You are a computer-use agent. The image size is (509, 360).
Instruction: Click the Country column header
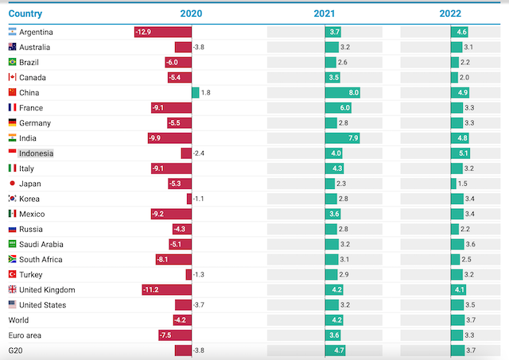pyautogui.click(x=25, y=14)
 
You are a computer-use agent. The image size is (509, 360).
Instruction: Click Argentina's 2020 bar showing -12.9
pyautogui.click(x=163, y=32)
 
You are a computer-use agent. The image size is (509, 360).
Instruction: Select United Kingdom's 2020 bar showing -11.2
pyautogui.click(x=167, y=290)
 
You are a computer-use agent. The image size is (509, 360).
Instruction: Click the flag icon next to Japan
pyautogui.click(x=12, y=184)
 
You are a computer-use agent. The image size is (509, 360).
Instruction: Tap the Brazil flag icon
pyautogui.click(x=12, y=62)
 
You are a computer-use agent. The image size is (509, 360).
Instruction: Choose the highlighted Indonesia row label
pyautogui.click(x=36, y=153)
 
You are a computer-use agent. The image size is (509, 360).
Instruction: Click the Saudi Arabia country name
pyautogui.click(x=41, y=245)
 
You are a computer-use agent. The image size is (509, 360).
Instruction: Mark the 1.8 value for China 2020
pyautogui.click(x=205, y=93)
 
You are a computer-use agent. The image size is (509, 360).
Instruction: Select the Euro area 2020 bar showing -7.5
pyautogui.click(x=175, y=335)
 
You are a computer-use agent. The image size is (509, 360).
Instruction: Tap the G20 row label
pyautogui.click(x=16, y=350)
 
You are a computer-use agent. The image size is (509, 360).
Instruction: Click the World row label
pyautogui.click(x=18, y=320)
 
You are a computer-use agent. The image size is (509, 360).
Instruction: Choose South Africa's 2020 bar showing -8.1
pyautogui.click(x=173, y=260)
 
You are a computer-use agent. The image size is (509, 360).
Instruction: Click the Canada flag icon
pyautogui.click(x=12, y=77)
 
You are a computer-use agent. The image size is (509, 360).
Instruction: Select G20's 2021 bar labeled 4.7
pyautogui.click(x=336, y=350)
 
